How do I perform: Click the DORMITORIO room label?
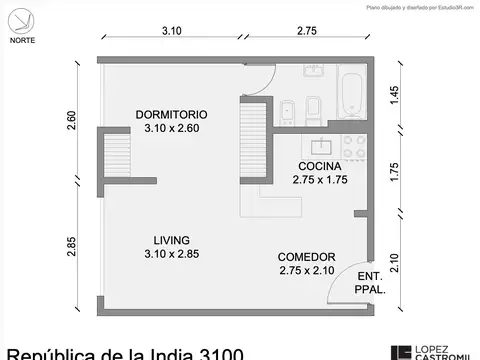pyautogui.click(x=172, y=113)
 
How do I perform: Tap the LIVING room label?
pyautogui.click(x=172, y=239)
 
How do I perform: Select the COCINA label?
pyautogui.click(x=319, y=166)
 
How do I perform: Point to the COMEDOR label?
pyautogui.click(x=306, y=256)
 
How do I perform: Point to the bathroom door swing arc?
pyautogui.click(x=255, y=83)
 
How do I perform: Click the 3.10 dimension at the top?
pyautogui.click(x=172, y=32)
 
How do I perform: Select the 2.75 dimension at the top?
pyautogui.click(x=306, y=32)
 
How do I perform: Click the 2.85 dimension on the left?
pyautogui.click(x=71, y=245)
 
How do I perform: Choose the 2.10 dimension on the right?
pyautogui.click(x=396, y=261)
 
